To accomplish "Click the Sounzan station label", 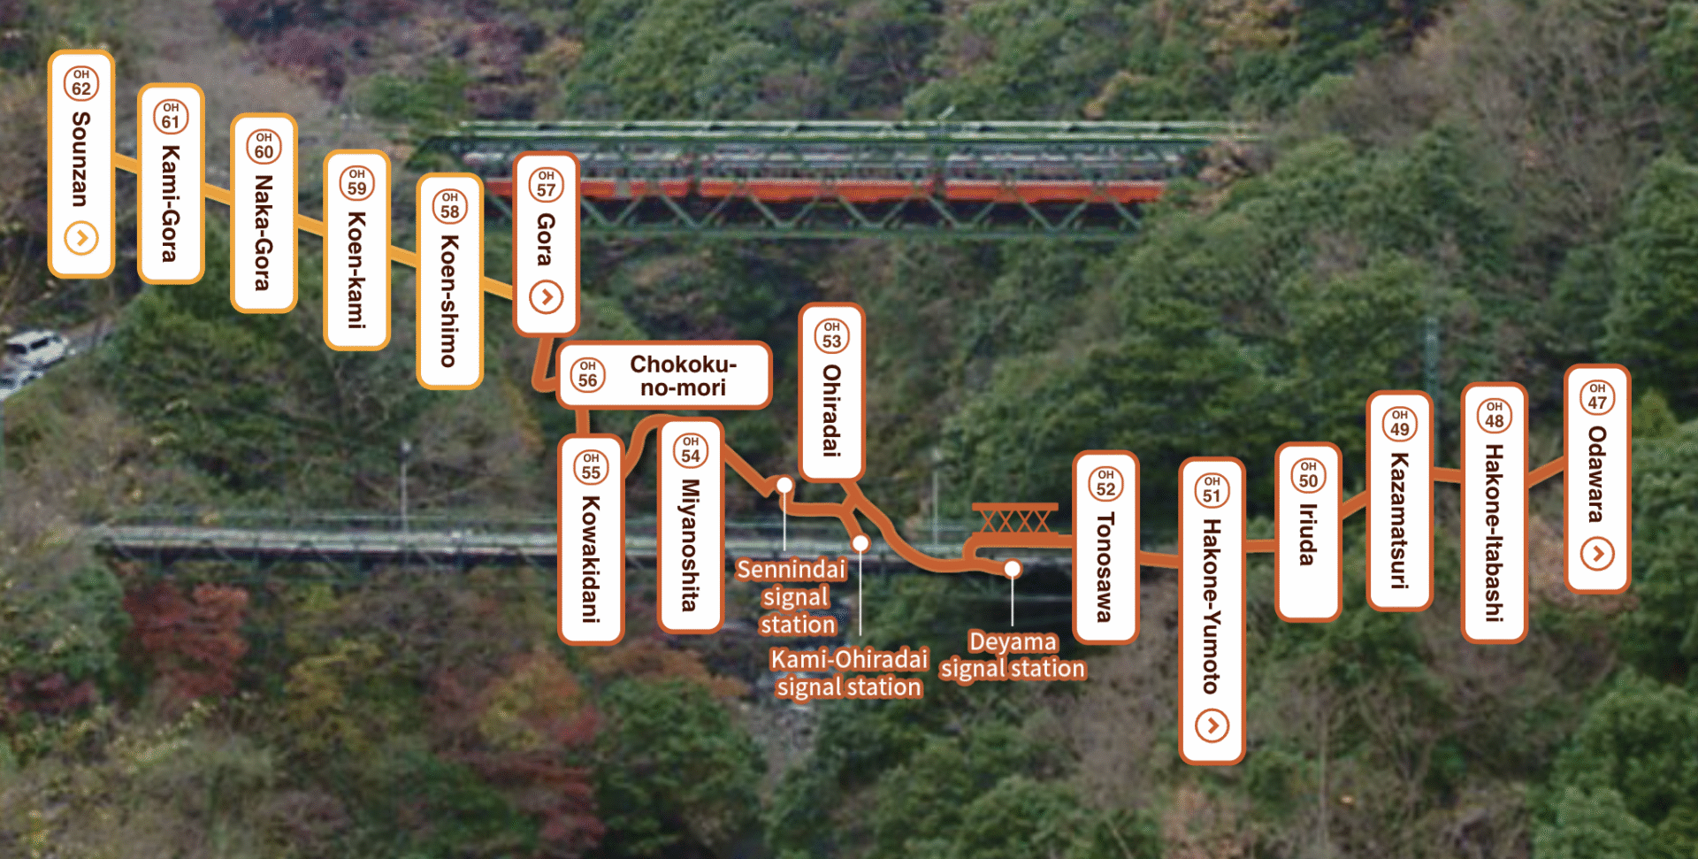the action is [x=80, y=164].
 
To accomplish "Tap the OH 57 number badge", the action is [x=547, y=184].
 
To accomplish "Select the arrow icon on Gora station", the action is [x=547, y=297].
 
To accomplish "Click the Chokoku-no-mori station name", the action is [x=683, y=376].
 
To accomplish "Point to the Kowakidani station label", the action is [x=591, y=540].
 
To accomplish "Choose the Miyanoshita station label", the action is [x=691, y=526].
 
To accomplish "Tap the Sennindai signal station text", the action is [x=793, y=597].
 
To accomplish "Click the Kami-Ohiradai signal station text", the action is [x=849, y=673].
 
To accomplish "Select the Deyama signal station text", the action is [x=1013, y=655].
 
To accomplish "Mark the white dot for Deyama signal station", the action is [x=1013, y=569].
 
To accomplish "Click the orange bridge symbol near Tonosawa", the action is [x=1015, y=518].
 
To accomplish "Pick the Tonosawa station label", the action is [x=1105, y=547].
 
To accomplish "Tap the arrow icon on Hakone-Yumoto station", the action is [x=1212, y=726].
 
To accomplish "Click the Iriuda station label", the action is [x=1308, y=532].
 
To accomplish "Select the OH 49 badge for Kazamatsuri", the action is [x=1399, y=424].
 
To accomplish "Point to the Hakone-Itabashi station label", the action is [x=1494, y=513].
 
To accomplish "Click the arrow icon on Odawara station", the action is [x=1597, y=554].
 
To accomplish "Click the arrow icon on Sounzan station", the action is [x=81, y=238].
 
